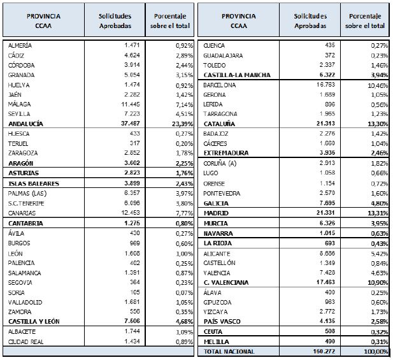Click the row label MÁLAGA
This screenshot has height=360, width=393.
click(19, 104)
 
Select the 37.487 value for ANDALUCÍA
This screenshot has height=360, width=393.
click(131, 124)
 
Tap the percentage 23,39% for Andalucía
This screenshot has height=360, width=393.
click(182, 124)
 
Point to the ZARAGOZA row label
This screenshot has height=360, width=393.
click(23, 153)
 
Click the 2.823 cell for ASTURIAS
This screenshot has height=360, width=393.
click(132, 173)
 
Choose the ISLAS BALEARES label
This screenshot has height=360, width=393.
click(34, 184)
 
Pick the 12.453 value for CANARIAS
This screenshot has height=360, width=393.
click(131, 213)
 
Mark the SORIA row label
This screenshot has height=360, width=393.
click(17, 292)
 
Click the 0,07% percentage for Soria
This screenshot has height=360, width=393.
click(184, 293)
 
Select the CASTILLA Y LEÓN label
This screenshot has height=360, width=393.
click(34, 321)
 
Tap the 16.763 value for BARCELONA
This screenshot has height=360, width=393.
click(325, 85)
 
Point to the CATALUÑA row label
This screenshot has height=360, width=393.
click(219, 124)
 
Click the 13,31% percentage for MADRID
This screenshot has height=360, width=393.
click(378, 213)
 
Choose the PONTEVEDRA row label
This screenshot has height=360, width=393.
click(222, 193)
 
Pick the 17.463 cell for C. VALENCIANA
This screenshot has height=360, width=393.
click(325, 282)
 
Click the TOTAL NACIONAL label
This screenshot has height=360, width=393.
click(229, 352)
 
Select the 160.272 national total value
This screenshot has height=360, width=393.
click(324, 351)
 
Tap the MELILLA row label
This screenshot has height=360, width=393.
click(217, 342)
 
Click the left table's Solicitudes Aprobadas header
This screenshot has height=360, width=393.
click(115, 21)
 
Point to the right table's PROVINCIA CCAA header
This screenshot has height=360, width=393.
click(239, 21)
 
